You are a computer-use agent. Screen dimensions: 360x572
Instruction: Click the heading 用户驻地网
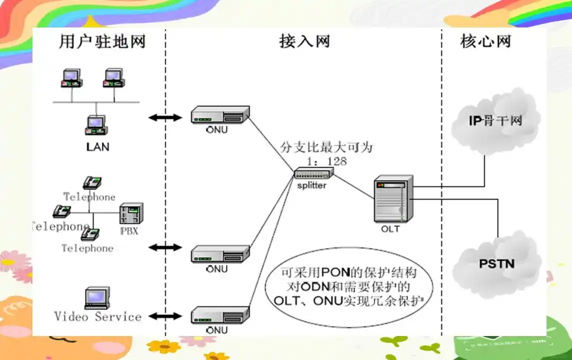[x=102, y=41]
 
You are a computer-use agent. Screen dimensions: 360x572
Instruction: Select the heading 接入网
[x=304, y=41]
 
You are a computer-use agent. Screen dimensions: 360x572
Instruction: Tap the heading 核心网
[x=486, y=41]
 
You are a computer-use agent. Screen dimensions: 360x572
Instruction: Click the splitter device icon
[x=313, y=174]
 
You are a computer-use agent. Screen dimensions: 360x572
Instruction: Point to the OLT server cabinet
[x=394, y=199]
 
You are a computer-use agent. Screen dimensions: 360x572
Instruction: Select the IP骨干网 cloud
[x=495, y=121]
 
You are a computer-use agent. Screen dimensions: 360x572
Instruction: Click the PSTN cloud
[x=497, y=263]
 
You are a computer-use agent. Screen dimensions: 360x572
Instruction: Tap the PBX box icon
[x=131, y=213]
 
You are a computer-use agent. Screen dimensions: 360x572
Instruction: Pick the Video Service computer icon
[x=96, y=298]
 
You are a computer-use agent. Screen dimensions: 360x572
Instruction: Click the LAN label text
[x=97, y=147]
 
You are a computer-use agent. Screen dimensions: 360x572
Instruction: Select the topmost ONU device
[x=220, y=115]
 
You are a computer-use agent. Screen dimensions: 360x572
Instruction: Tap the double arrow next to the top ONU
[x=165, y=118]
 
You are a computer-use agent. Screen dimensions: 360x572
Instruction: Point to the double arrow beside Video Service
[x=165, y=316]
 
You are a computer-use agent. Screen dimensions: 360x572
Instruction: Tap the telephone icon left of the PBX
[x=62, y=212]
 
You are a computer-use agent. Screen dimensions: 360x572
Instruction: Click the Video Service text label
[x=98, y=317]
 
